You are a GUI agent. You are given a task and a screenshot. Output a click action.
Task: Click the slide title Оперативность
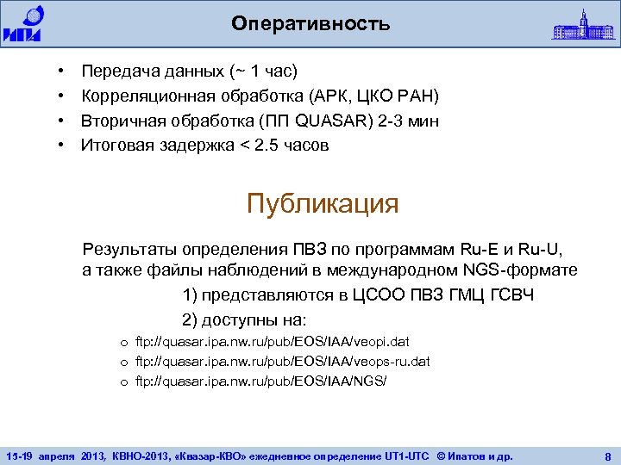click(310, 24)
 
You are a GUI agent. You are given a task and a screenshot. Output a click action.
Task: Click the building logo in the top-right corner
click(585, 23)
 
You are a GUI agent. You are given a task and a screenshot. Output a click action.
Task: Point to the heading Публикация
click(322, 204)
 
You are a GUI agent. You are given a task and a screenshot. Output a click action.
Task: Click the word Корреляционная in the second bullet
click(144, 94)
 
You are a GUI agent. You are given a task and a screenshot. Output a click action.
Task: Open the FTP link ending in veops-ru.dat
click(282, 361)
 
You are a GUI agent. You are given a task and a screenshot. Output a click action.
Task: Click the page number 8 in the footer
click(607, 454)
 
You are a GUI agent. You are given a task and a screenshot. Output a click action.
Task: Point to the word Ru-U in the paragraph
click(542, 251)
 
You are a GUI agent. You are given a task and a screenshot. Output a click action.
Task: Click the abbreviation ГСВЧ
click(512, 297)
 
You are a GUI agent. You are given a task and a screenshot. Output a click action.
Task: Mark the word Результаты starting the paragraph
click(128, 251)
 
